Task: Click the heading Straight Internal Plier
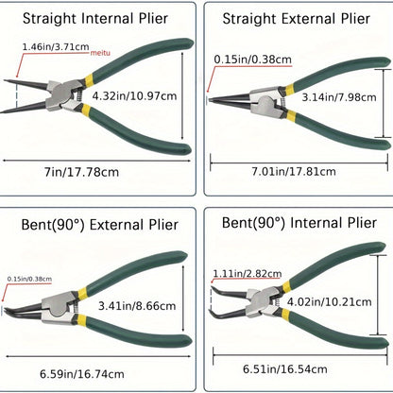[x=95, y=19]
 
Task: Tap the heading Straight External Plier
[x=296, y=19]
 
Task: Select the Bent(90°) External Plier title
[x=99, y=225]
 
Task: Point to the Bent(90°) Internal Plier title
[x=299, y=223]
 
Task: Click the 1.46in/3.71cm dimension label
[x=56, y=47]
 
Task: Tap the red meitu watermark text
[x=100, y=53]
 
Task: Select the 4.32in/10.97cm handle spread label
[x=134, y=95]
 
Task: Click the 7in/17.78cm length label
[x=81, y=172]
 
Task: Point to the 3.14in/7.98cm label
[x=339, y=97]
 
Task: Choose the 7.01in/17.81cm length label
[x=294, y=172]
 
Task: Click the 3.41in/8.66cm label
[x=137, y=306]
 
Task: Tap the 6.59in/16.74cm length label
[x=82, y=374]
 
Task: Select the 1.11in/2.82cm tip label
[x=248, y=273]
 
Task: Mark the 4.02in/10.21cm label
[x=329, y=302]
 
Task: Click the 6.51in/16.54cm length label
[x=285, y=368]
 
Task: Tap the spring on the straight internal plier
[x=79, y=94]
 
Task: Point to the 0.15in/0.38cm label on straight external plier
[x=253, y=60]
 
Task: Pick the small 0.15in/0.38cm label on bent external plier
[x=29, y=279]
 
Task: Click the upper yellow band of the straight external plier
[x=289, y=89]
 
